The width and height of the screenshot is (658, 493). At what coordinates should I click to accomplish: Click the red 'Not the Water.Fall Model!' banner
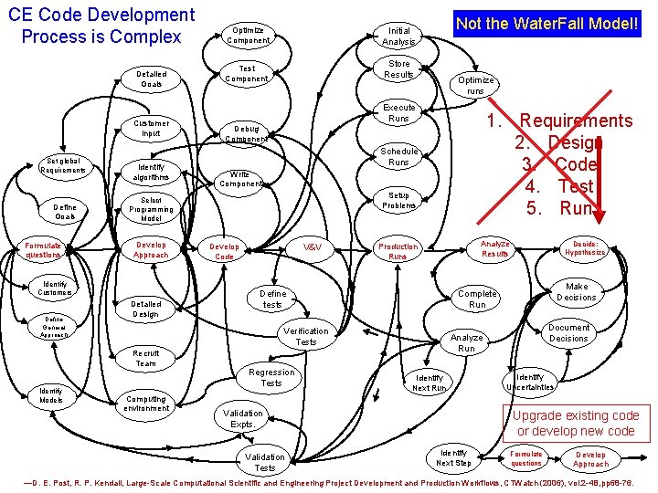tap(548, 22)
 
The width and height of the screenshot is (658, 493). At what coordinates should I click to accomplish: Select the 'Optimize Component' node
tap(249, 35)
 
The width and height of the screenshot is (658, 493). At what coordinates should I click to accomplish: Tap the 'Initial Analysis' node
tap(398, 36)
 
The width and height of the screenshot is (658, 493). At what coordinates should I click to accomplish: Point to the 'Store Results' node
tap(398, 68)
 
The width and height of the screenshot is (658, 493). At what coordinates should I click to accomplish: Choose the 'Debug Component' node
tap(245, 133)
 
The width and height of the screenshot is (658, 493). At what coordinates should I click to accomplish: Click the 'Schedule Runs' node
tap(399, 156)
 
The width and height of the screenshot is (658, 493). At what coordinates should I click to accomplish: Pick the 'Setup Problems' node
tap(399, 200)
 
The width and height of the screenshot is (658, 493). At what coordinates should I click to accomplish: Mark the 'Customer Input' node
tap(151, 128)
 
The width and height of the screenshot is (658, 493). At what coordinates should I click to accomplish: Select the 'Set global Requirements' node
tap(64, 165)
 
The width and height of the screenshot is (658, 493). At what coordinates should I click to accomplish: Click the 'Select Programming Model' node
tap(151, 209)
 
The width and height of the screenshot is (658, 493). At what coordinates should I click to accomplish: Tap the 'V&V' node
tap(312, 247)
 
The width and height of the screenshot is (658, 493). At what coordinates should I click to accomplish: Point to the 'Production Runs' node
tap(398, 251)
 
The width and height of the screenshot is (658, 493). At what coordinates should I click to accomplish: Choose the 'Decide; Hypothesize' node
tap(584, 247)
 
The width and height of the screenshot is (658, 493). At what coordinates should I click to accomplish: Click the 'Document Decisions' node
tap(568, 332)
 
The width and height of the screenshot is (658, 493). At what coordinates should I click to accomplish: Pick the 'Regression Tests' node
tap(271, 377)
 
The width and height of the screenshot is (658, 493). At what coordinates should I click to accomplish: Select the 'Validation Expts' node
tap(242, 418)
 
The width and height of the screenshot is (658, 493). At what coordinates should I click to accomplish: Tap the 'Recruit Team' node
tap(146, 358)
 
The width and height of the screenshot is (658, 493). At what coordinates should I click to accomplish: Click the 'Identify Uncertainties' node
tap(535, 382)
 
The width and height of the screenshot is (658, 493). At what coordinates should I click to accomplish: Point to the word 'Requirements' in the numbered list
tap(576, 121)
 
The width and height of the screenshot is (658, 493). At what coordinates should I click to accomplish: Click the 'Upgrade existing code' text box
tap(576, 423)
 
